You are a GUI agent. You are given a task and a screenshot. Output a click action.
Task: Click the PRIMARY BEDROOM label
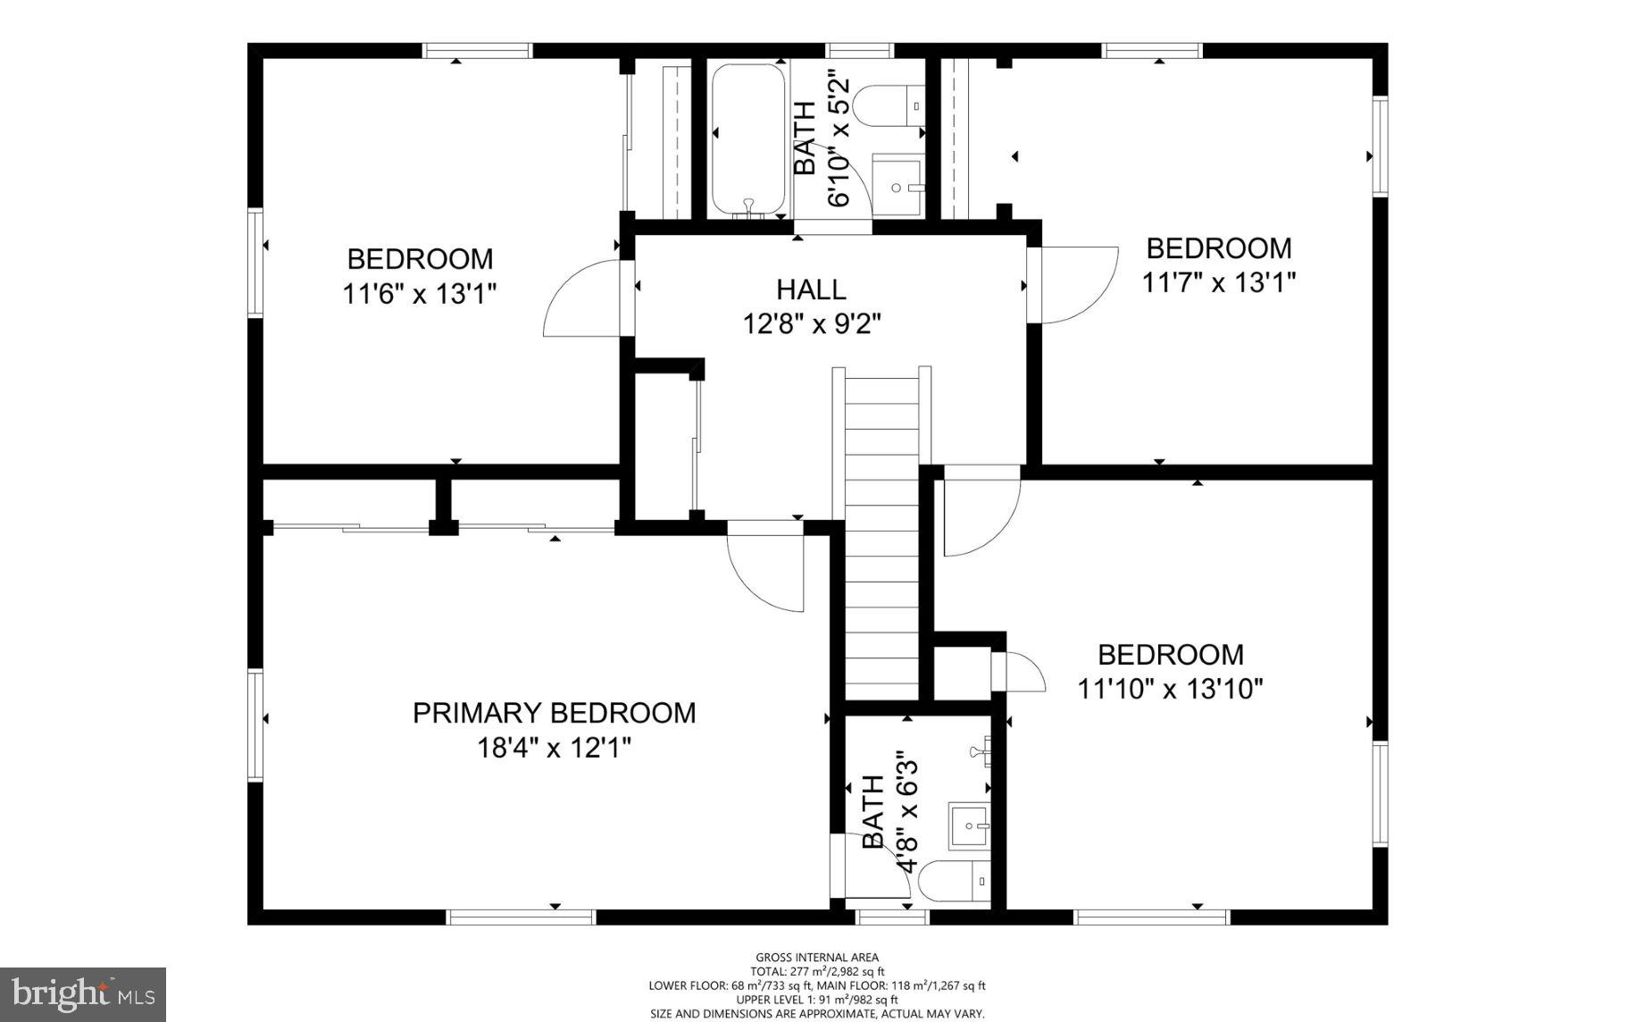coord(554,713)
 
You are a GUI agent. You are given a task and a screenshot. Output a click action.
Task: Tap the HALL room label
coord(811,289)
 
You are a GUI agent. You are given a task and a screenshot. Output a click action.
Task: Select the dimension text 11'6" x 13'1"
coord(419,294)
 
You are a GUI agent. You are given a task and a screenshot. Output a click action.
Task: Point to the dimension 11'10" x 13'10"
coord(1170,689)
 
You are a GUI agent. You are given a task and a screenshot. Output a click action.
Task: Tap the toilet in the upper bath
coord(889,105)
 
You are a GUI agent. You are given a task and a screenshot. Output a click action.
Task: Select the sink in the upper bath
coord(897,186)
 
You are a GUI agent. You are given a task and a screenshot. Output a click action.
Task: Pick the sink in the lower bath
coord(969,826)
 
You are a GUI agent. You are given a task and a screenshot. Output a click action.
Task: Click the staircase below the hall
coord(881,536)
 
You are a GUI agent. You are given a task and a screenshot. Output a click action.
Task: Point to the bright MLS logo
coord(83,994)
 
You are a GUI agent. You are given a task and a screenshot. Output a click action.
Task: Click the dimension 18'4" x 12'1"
coord(554,747)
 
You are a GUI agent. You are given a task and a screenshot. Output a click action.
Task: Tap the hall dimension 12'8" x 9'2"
coord(812,323)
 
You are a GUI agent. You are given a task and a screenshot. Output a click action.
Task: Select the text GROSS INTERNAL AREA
coord(817,957)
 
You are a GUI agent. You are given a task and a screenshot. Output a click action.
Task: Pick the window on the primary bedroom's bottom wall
coord(521,917)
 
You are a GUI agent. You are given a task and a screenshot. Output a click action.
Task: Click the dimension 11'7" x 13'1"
coord(1219,282)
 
